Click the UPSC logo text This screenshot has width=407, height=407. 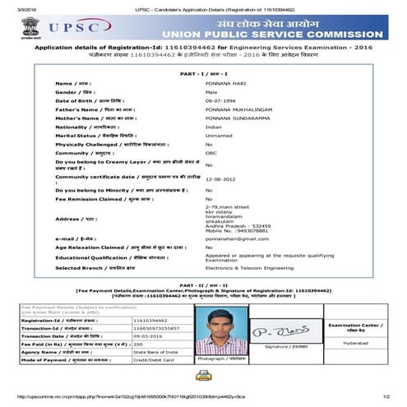pyautogui.click(x=76, y=28)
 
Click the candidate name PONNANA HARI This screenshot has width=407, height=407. pyautogui.click(x=224, y=84)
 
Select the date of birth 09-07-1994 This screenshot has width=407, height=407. pyautogui.click(x=220, y=101)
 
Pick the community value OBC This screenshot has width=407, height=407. pyautogui.click(x=210, y=153)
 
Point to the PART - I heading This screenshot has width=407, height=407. pyautogui.click(x=203, y=75)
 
